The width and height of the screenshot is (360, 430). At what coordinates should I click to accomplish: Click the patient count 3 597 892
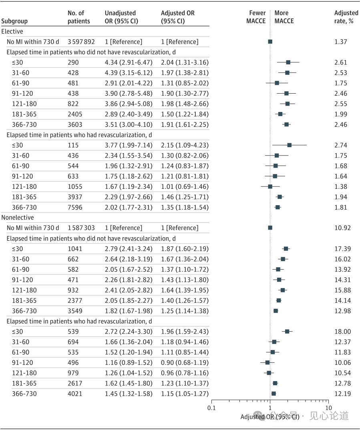click(81, 42)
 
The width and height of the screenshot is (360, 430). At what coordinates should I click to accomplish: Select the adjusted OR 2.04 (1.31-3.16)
click(185, 62)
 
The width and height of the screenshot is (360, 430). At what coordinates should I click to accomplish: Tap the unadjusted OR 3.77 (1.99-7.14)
click(129, 145)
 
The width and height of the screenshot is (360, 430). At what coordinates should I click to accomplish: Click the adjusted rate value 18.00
click(343, 332)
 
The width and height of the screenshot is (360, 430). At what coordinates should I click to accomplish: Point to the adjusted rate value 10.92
click(343, 228)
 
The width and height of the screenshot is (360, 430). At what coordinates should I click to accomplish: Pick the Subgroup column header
click(15, 21)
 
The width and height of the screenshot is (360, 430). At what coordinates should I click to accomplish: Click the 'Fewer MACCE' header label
click(256, 17)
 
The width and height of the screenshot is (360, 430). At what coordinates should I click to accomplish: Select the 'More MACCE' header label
click(284, 17)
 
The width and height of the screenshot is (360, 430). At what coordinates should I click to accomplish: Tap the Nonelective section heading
click(18, 218)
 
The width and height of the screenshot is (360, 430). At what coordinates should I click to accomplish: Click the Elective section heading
click(12, 31)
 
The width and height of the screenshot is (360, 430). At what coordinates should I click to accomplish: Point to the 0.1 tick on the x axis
click(212, 408)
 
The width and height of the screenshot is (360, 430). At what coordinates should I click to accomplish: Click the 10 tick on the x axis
click(328, 408)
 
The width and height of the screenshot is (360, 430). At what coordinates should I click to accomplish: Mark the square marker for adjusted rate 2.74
click(290, 145)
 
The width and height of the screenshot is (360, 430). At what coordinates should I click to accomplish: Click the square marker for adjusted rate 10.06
click(267, 362)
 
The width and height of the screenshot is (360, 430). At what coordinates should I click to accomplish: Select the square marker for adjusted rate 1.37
click(270, 42)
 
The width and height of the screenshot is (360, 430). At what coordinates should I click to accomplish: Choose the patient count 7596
click(75, 207)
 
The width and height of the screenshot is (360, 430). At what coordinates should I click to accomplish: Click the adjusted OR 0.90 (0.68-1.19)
click(185, 362)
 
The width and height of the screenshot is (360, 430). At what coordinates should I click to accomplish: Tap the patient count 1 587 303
click(81, 228)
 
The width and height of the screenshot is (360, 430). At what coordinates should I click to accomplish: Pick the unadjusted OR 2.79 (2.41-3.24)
click(129, 249)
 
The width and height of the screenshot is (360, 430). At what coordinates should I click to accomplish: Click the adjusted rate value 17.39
click(343, 249)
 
